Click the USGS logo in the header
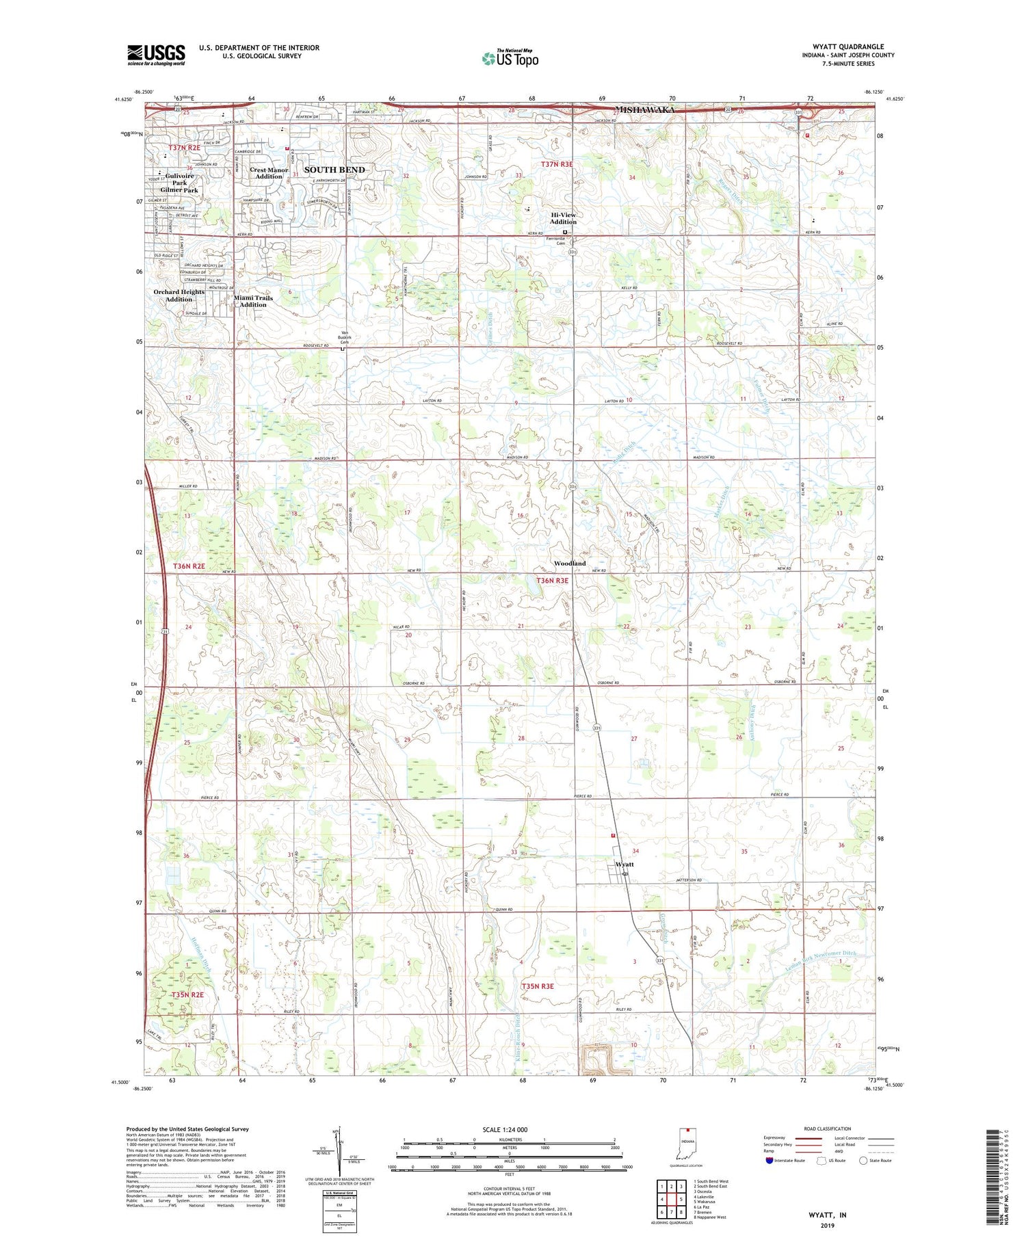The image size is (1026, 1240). pyautogui.click(x=156, y=55)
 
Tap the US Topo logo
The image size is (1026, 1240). pyautogui.click(x=510, y=59)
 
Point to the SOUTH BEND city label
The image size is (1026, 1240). pyautogui.click(x=334, y=170)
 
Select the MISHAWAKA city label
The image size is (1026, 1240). pyautogui.click(x=646, y=110)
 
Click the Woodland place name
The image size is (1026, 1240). pyautogui.click(x=570, y=563)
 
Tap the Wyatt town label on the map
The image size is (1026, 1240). pyautogui.click(x=624, y=864)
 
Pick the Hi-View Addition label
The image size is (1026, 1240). pyautogui.click(x=564, y=218)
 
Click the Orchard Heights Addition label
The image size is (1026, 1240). pyautogui.click(x=179, y=295)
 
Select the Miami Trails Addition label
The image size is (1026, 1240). pyautogui.click(x=253, y=301)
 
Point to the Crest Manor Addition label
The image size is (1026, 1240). pyautogui.click(x=269, y=173)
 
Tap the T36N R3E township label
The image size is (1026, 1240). pyautogui.click(x=552, y=581)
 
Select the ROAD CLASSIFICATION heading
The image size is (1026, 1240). pyautogui.click(x=828, y=1129)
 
